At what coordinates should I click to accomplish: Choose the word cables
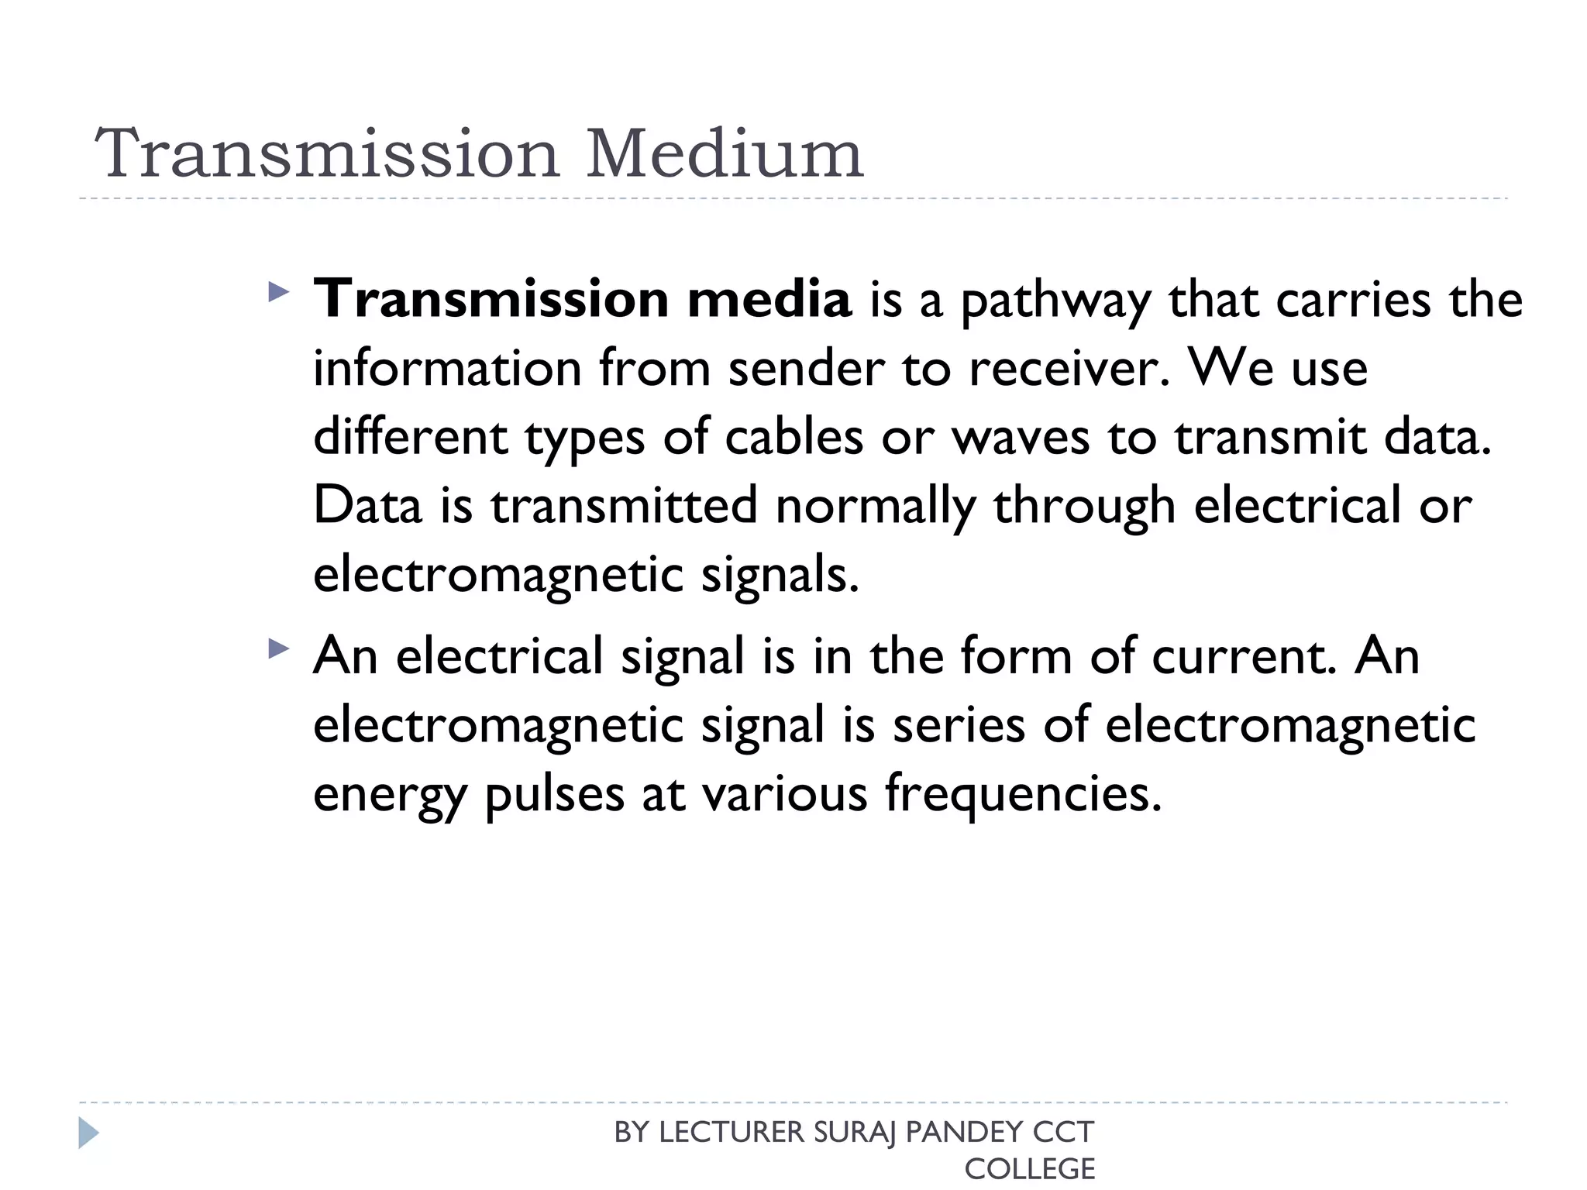click(793, 437)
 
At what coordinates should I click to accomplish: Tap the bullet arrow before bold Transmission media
click(277, 292)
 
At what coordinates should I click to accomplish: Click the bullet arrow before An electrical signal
click(277, 649)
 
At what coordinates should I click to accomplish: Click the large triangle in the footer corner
click(88, 1133)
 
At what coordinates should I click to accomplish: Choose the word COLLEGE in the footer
click(1029, 1168)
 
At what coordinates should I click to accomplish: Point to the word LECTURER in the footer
click(732, 1133)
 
